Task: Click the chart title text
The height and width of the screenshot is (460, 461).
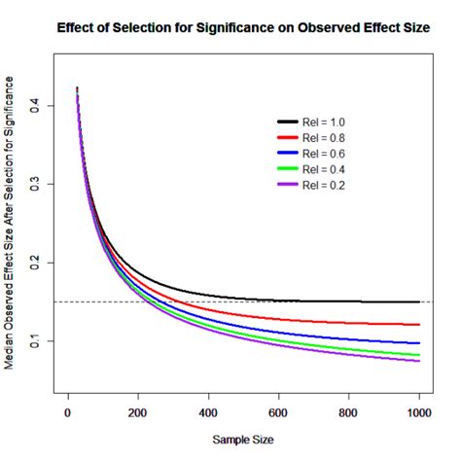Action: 244,28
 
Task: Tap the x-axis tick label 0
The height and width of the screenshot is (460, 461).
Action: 68,411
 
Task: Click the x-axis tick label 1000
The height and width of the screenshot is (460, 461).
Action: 418,411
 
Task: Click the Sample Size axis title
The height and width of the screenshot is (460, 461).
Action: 243,440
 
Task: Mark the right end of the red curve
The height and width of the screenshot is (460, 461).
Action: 419,325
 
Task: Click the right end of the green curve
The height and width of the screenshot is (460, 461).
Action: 419,355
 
